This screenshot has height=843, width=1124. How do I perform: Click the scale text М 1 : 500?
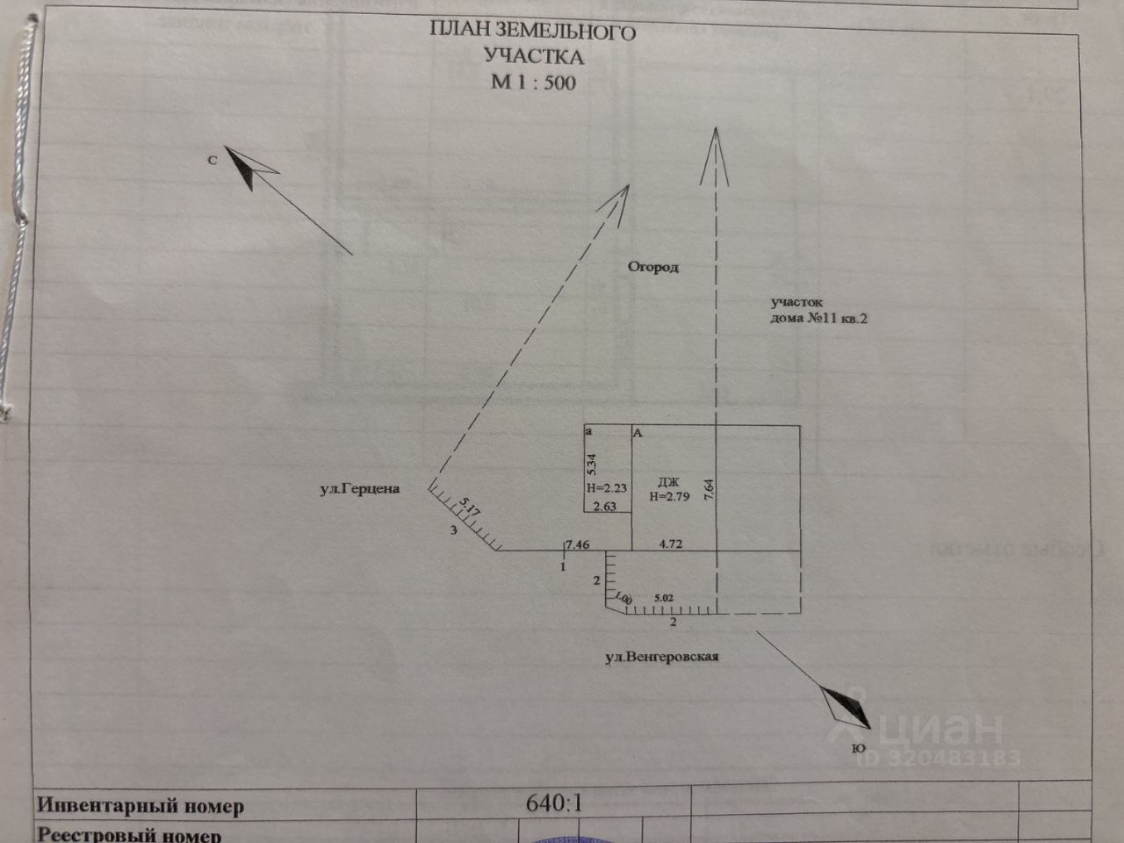[x=533, y=83]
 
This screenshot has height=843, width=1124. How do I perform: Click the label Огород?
[x=652, y=267]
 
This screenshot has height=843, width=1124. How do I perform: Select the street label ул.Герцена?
[x=359, y=488]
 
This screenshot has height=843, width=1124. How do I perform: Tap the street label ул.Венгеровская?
[x=661, y=656]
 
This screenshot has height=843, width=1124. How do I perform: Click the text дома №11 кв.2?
[x=818, y=320]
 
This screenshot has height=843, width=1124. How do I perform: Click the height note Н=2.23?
[x=607, y=489]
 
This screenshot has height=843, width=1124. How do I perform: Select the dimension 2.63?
[x=606, y=506]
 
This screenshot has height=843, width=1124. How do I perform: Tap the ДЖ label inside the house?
[x=668, y=481]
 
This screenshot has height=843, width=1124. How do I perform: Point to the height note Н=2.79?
[x=670, y=496]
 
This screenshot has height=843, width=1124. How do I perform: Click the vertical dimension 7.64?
[x=708, y=488]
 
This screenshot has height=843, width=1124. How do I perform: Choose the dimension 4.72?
[x=671, y=544]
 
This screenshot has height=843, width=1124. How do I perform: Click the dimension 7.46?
[x=578, y=544]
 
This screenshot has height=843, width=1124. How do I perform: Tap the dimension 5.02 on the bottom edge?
[x=664, y=598]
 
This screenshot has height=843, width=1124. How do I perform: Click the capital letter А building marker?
[x=638, y=433]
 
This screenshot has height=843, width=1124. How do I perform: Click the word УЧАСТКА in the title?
[x=533, y=57]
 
